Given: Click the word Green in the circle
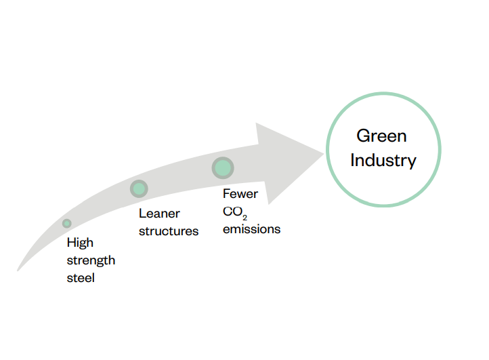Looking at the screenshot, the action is click(x=381, y=136).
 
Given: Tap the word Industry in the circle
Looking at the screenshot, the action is click(x=383, y=161).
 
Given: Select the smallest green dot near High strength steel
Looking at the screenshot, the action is click(x=67, y=223).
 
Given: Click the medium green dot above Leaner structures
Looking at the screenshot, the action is click(x=139, y=188).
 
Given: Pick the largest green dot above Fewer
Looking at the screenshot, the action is click(x=223, y=168).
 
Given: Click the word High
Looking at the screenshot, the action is click(x=80, y=243).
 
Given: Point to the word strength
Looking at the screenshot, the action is click(x=91, y=260).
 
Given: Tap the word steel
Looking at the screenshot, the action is click(x=81, y=278).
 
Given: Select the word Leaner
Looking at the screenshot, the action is click(x=159, y=214).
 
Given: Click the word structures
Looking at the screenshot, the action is click(x=169, y=231).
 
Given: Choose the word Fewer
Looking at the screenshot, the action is click(x=240, y=194).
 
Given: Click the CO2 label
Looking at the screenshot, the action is click(x=235, y=213).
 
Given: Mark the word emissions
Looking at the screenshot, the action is click(x=252, y=229).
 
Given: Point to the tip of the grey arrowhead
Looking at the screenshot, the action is click(x=324, y=153).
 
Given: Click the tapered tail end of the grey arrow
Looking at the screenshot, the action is click(x=18, y=270).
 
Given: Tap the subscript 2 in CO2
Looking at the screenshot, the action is click(x=244, y=218).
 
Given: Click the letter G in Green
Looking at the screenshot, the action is click(x=363, y=136).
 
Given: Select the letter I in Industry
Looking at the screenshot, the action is click(x=352, y=160).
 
